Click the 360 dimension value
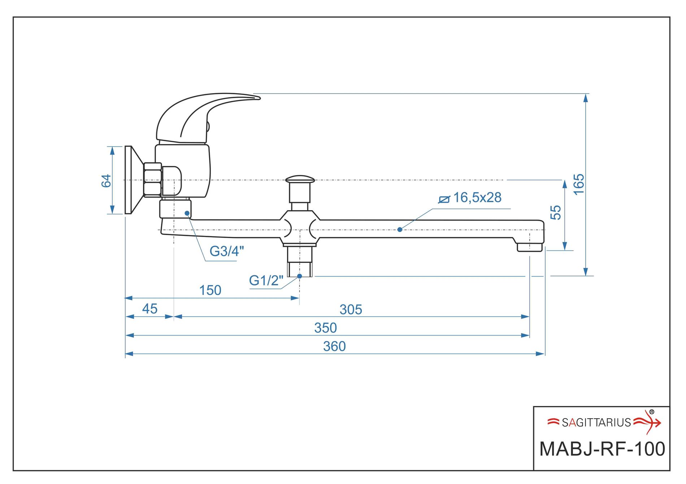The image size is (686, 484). [x=334, y=346]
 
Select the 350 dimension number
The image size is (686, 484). [x=325, y=328]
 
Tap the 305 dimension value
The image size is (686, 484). [x=351, y=310]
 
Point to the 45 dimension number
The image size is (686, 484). [x=149, y=309]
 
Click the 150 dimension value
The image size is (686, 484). [x=210, y=290]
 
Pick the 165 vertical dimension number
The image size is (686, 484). [x=579, y=184]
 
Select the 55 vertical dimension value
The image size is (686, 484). [x=556, y=212]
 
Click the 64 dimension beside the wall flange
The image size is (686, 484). [x=106, y=181]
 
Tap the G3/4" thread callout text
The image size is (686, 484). [x=227, y=251]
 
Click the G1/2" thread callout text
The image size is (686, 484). [x=266, y=280]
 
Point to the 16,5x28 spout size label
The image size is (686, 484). [x=477, y=198]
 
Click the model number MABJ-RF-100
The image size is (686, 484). [x=602, y=449]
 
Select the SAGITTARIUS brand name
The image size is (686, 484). [x=596, y=422]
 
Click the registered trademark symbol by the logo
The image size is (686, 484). [x=651, y=412]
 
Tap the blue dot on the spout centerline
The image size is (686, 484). [x=400, y=229]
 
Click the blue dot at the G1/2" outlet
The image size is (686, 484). [x=299, y=276]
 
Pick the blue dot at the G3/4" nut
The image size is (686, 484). [x=187, y=213]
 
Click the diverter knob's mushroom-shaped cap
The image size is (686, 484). [x=300, y=179]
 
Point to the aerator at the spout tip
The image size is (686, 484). [x=529, y=247]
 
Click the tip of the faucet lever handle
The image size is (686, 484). [x=257, y=98]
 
